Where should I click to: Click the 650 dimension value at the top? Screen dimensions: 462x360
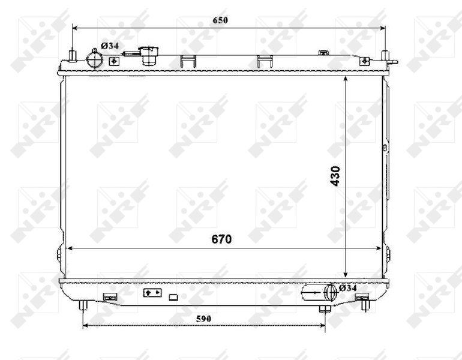pyautogui.click(x=220, y=20)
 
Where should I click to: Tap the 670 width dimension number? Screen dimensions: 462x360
pyautogui.click(x=221, y=239)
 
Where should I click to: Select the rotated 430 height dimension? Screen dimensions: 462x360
pyautogui.click(x=335, y=176)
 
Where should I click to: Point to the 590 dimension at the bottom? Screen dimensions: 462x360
pyautogui.click(x=203, y=319)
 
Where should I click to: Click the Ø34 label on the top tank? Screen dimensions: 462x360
pyautogui.click(x=110, y=46)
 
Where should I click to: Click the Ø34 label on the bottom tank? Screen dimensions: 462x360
pyautogui.click(x=347, y=288)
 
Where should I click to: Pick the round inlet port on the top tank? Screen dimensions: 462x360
pyautogui.click(x=94, y=60)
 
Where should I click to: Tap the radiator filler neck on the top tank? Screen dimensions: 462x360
pyautogui.click(x=149, y=55)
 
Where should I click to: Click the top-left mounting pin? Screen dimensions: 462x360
pyautogui.click(x=72, y=55)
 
